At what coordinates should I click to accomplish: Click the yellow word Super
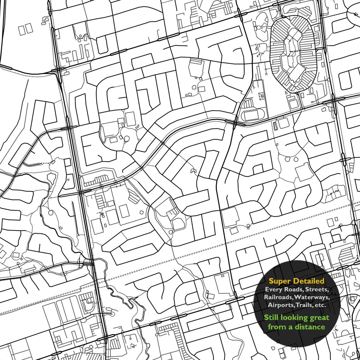(x=280, y=281)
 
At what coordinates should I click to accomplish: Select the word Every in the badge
(x=273, y=289)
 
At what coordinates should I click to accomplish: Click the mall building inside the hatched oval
(x=292, y=57)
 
